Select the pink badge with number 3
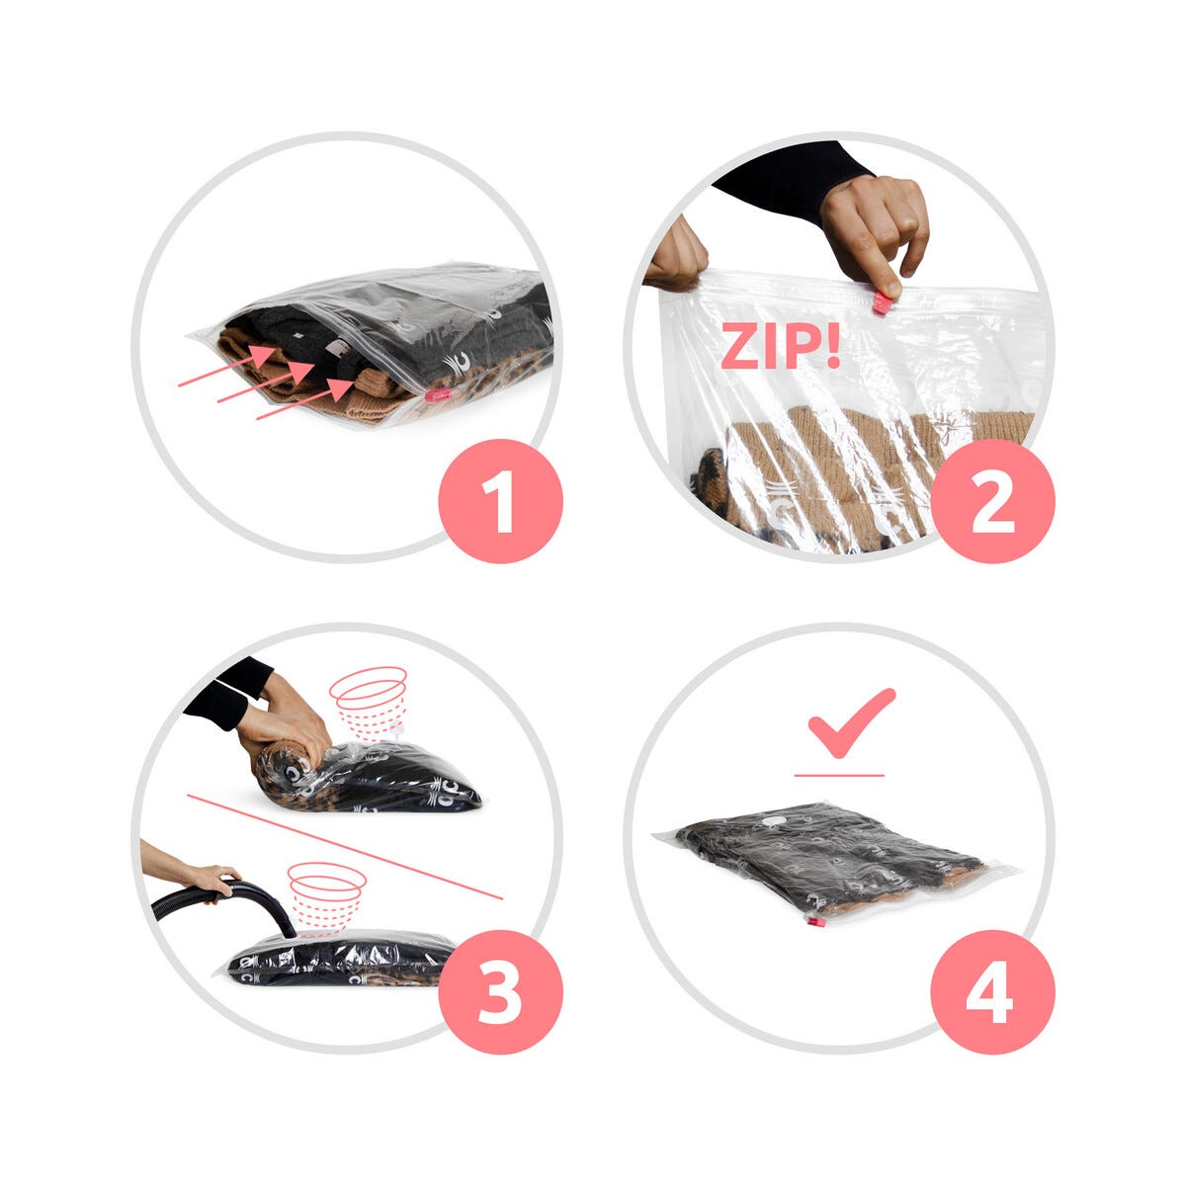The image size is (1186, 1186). pyautogui.click(x=500, y=992)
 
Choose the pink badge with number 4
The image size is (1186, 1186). pyautogui.click(x=992, y=992)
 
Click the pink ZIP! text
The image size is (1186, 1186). pyautogui.click(x=780, y=346)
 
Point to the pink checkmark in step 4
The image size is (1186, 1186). pyautogui.click(x=851, y=722)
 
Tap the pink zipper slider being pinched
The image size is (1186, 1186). pyautogui.click(x=883, y=304)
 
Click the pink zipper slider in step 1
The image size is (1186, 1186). pyautogui.click(x=435, y=394)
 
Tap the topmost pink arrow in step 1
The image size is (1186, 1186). pyautogui.click(x=227, y=367)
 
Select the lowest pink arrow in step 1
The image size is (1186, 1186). pyautogui.click(x=305, y=399)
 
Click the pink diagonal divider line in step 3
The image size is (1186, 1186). pyautogui.click(x=345, y=847)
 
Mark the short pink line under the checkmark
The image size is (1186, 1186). pyautogui.click(x=839, y=775)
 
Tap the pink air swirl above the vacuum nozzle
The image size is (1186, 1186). pyautogui.click(x=327, y=898)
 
